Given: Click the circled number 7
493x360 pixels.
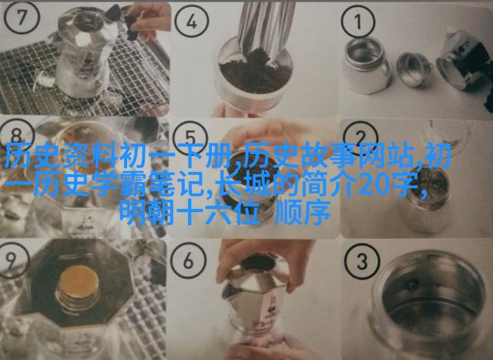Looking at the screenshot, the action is (21, 17).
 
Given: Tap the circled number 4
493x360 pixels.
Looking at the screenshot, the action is (192, 22).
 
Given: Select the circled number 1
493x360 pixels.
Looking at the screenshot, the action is (358, 22).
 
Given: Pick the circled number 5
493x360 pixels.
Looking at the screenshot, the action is (190, 137).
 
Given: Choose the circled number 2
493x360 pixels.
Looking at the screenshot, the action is (361, 136).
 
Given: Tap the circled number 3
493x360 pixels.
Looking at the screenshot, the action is (361, 262).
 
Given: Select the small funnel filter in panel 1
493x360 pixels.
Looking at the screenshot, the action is (413, 69).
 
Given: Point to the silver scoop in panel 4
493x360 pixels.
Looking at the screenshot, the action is (266, 28).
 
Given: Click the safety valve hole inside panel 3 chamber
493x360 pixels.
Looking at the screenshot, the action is (412, 285).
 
